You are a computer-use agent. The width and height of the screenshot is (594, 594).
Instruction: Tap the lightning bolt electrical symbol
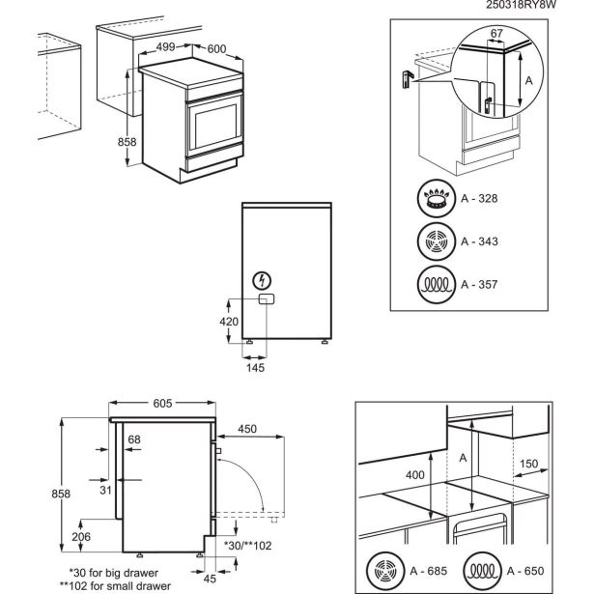pyautogui.click(x=261, y=281)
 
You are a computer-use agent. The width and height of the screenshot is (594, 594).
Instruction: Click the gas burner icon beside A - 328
pyautogui.click(x=437, y=200)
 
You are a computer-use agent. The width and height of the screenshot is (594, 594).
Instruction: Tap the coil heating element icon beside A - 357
pyautogui.click(x=437, y=286)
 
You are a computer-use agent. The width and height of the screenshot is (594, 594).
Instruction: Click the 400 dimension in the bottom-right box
pyautogui.click(x=413, y=474)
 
